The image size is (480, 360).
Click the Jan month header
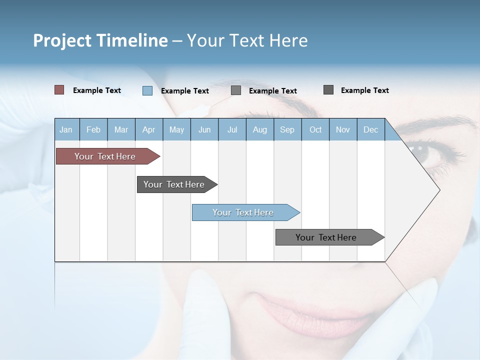[x=66, y=129]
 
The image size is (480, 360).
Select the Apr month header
[x=149, y=129]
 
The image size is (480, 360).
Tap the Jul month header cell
[x=232, y=129]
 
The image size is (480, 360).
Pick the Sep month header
[x=287, y=129]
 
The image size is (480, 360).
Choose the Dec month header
[x=370, y=129]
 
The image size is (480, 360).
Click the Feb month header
[x=93, y=129]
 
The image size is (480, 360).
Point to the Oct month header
[x=315, y=129]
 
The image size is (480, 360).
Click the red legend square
[x=59, y=90]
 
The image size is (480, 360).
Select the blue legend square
[x=147, y=90]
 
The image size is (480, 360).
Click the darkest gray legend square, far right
[x=328, y=90]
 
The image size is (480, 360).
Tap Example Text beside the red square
[x=97, y=90]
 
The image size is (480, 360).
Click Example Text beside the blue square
[x=185, y=91]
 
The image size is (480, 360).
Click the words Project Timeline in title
[x=100, y=40]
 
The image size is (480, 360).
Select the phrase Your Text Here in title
[x=247, y=40]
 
